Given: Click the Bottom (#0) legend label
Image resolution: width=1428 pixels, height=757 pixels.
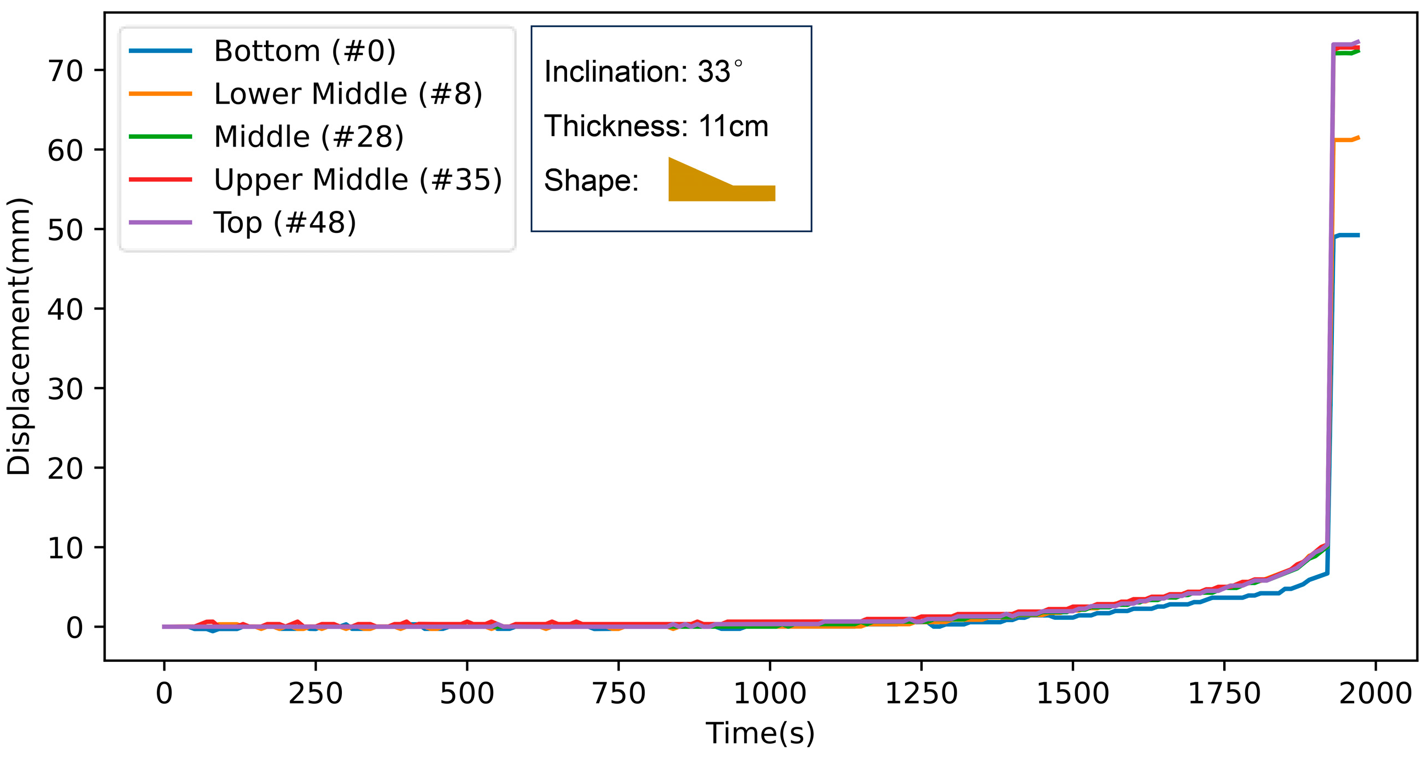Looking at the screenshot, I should click(x=304, y=51).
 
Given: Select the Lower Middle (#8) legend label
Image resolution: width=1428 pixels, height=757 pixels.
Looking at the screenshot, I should click(x=347, y=94).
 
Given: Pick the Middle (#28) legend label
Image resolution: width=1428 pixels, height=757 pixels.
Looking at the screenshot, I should click(x=308, y=137).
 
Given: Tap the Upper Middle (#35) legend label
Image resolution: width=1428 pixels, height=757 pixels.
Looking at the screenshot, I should click(x=358, y=179).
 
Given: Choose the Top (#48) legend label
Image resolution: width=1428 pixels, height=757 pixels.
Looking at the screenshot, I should click(x=285, y=222).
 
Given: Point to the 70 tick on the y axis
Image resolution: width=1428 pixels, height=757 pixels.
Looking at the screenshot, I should click(x=65, y=71).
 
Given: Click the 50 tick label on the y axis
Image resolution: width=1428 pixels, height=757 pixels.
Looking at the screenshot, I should click(x=65, y=230).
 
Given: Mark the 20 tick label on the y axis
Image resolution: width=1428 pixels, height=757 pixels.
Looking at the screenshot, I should click(x=65, y=469).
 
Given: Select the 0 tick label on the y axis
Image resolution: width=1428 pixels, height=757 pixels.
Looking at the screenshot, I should click(x=74, y=628).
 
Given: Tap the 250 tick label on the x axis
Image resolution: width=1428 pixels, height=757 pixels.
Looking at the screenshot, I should click(x=315, y=694).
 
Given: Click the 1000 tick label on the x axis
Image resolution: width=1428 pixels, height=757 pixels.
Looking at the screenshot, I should click(x=770, y=694).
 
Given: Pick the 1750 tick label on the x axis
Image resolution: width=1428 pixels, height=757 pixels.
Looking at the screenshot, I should click(x=1224, y=694).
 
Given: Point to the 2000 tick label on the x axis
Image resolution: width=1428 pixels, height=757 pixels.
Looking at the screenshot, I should click(x=1375, y=694).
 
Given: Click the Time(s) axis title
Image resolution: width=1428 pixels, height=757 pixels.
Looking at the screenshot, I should click(x=760, y=733).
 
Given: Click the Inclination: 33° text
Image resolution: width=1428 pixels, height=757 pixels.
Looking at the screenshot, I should click(x=643, y=72).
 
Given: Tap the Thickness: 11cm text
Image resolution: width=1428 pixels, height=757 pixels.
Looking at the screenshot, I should click(x=656, y=127).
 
